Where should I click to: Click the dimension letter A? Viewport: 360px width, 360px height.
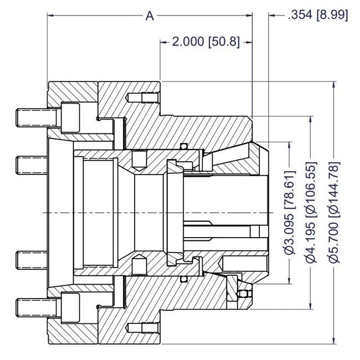pos(150,16)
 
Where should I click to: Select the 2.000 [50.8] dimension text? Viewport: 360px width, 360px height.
pos(205,42)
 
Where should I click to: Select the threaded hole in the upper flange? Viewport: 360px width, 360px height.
pos(145,98)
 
